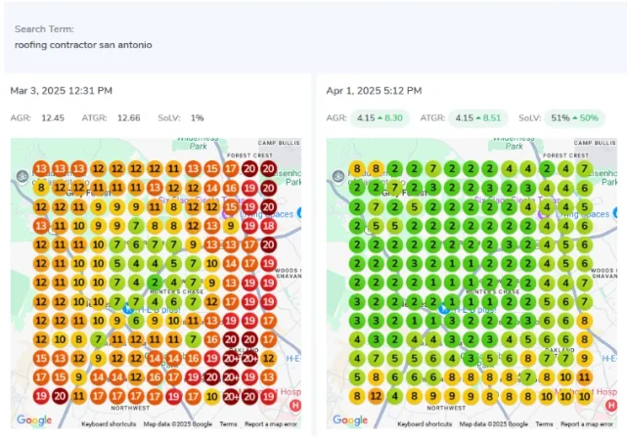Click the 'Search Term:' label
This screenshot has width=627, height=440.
click(44, 29)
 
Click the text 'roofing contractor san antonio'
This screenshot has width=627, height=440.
click(83, 45)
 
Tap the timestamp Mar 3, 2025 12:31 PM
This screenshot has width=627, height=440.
click(61, 91)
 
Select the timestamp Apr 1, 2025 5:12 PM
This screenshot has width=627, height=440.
click(374, 91)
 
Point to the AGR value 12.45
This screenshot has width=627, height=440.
click(53, 118)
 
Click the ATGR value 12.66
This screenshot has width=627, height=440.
click(128, 118)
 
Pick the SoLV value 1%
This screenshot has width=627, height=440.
click(198, 118)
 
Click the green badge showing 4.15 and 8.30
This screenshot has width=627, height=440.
click(380, 118)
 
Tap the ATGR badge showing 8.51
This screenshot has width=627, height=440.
click(478, 118)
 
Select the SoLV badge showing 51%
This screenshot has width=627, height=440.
click(572, 118)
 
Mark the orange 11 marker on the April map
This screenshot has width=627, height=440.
click(584, 376)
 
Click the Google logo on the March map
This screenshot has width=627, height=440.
click(34, 420)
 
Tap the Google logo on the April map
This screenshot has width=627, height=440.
click(349, 420)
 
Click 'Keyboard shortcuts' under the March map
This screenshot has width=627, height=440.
click(108, 424)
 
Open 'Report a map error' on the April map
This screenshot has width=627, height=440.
click(586, 424)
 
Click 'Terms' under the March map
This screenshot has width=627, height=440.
click(228, 424)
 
